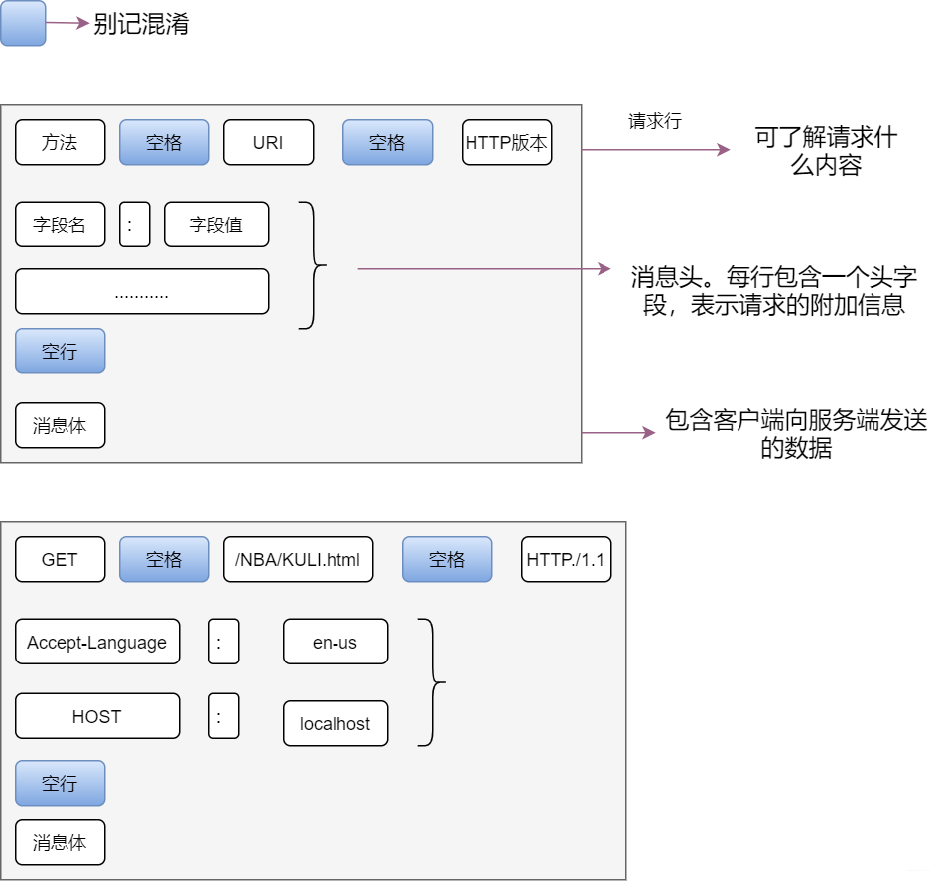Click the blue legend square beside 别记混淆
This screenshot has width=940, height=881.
pyautogui.click(x=23, y=24)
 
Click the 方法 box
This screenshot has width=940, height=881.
pyautogui.click(x=60, y=142)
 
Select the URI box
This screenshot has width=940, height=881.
pyautogui.click(x=268, y=142)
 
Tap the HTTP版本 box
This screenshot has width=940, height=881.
pyautogui.click(x=506, y=142)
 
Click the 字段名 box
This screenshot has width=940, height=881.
pyautogui.click(x=60, y=224)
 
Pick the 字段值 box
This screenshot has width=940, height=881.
pyautogui.click(x=216, y=224)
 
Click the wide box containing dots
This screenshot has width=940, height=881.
pyautogui.click(x=142, y=291)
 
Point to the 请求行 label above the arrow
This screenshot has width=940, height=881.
pyautogui.click(x=654, y=121)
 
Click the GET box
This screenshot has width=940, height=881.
pyautogui.click(x=60, y=559)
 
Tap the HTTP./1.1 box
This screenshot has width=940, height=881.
pyautogui.click(x=566, y=559)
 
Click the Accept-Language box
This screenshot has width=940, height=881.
pyautogui.click(x=97, y=642)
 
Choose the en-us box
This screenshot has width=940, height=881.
pyautogui.click(x=335, y=642)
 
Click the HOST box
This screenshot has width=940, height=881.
pyautogui.click(x=97, y=716)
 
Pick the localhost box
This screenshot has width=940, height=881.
pyautogui.click(x=335, y=723)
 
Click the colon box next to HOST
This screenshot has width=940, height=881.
pyautogui.click(x=223, y=716)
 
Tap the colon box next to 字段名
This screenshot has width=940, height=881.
pyautogui.click(x=134, y=224)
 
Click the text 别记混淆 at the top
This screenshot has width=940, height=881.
pyautogui.click(x=141, y=25)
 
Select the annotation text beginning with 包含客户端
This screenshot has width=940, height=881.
pyautogui.click(x=795, y=434)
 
